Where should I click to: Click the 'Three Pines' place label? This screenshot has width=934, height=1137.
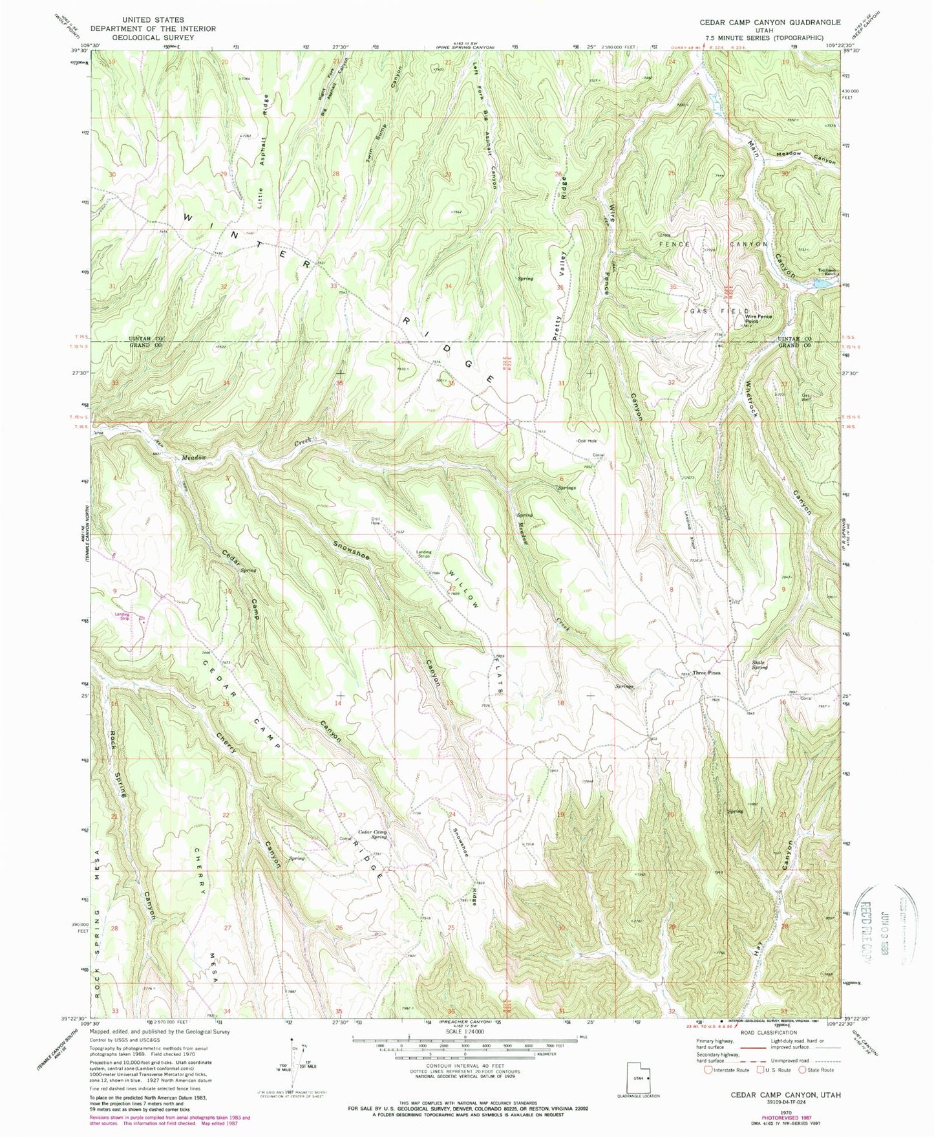pos(706,673)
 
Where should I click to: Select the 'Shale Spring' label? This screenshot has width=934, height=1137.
pos(759,664)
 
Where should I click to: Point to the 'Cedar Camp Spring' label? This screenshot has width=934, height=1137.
pos(372,834)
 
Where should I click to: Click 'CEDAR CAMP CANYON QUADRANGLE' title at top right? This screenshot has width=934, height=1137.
pos(770,22)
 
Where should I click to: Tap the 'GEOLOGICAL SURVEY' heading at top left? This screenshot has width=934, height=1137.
pos(153,37)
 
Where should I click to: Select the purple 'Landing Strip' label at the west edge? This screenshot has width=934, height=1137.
pos(122,616)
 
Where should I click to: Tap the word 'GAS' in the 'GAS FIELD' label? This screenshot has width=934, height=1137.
pos(699,312)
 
